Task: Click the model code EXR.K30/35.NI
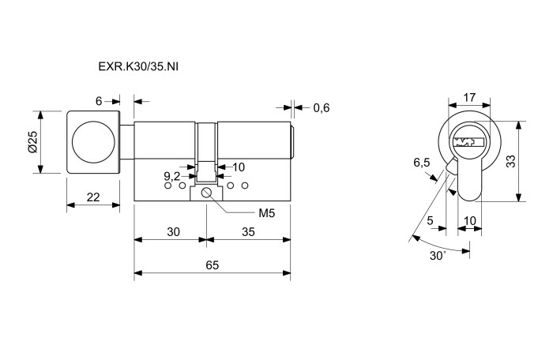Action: point(138,66)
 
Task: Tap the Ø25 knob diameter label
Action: point(33,142)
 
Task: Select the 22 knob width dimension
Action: point(93,197)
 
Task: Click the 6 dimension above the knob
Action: point(99,101)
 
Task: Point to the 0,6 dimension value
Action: point(322,108)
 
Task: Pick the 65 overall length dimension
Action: point(213,264)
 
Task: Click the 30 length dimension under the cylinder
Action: point(173,231)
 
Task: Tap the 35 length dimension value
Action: point(248,231)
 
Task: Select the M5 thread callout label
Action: point(267,213)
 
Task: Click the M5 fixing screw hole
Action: point(206,193)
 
